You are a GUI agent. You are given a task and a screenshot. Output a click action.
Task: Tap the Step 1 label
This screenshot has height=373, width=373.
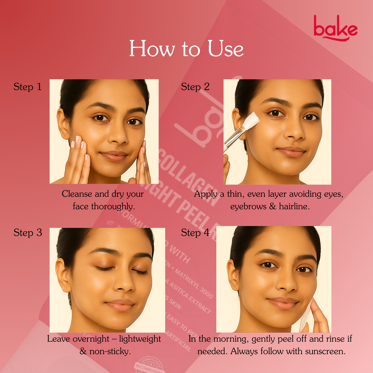(x=28, y=87)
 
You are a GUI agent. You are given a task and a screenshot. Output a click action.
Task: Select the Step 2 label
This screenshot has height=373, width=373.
(x=195, y=87)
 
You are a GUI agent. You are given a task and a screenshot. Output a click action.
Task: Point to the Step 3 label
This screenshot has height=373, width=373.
(x=28, y=233)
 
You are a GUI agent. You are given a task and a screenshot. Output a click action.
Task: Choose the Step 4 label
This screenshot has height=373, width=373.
(x=195, y=233)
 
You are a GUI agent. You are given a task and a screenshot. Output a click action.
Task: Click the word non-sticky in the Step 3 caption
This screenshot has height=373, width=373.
(x=110, y=352)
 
